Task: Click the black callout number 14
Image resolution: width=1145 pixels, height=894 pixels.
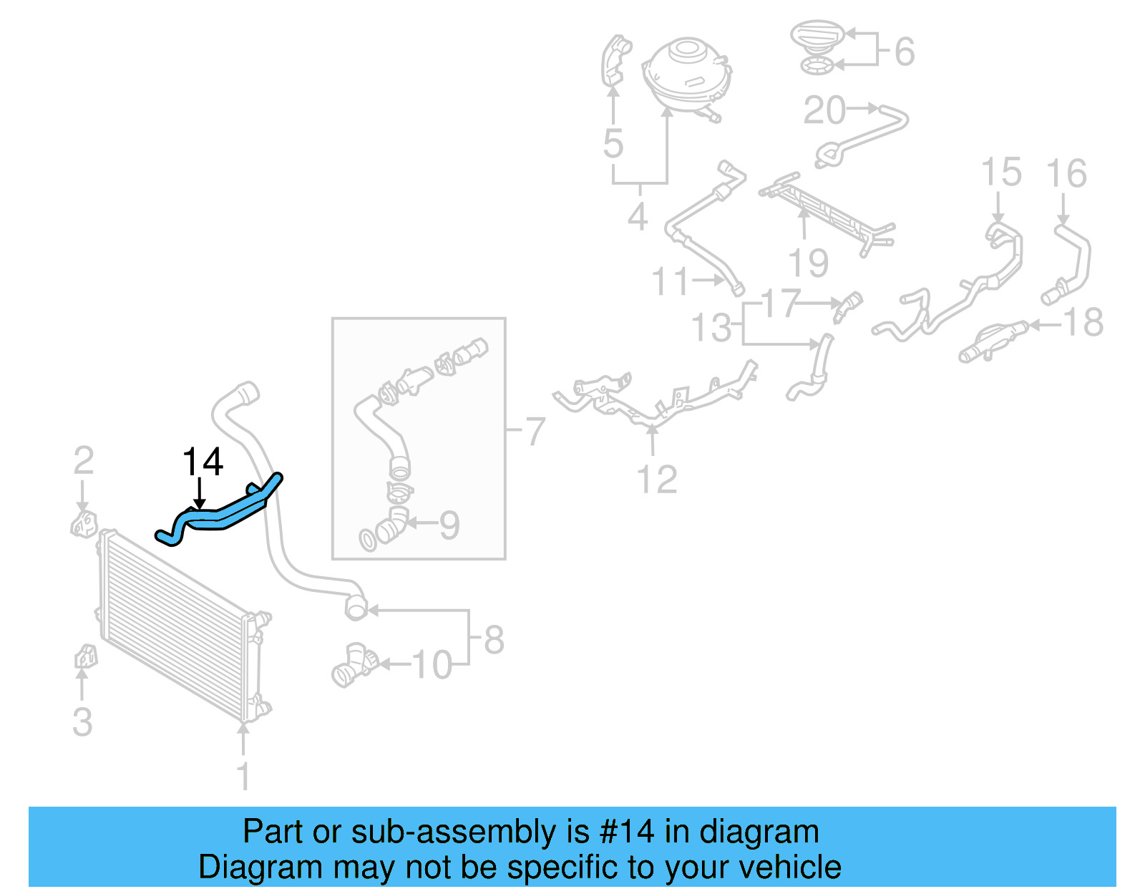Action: [203, 462]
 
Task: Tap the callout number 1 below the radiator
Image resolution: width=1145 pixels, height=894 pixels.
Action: [243, 775]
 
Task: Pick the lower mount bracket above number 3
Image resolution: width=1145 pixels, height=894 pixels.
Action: [85, 656]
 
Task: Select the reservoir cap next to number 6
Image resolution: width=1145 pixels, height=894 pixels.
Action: [817, 34]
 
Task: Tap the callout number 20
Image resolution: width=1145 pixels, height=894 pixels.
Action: [824, 110]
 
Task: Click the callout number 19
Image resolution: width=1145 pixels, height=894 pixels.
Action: [809, 263]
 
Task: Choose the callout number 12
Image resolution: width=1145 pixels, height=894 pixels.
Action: [656, 480]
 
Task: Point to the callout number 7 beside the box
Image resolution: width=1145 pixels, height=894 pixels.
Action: [536, 431]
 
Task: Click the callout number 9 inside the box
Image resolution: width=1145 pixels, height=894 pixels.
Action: [449, 525]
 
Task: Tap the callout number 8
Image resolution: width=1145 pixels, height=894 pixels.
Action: [494, 640]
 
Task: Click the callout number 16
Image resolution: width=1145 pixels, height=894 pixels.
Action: [1066, 173]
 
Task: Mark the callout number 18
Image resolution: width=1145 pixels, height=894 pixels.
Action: [1083, 322]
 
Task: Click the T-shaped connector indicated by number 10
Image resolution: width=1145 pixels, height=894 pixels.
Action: [355, 665]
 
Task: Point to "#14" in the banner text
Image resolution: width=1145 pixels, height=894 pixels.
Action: [627, 832]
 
